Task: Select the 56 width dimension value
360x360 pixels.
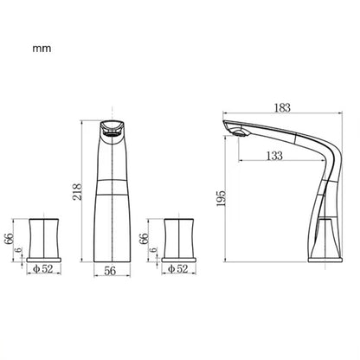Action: (x=110, y=270)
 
